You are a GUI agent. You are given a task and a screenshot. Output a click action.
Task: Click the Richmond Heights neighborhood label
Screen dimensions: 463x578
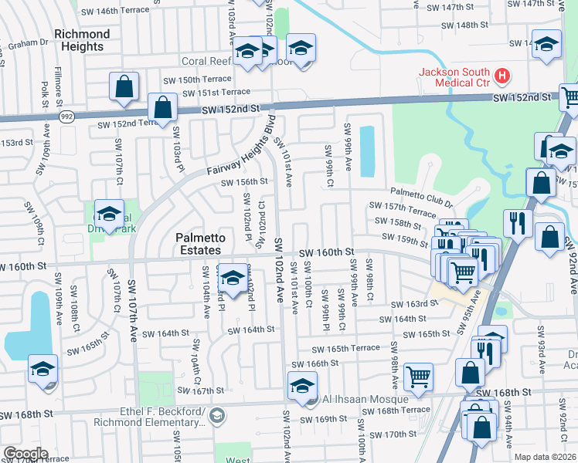tap(82, 40)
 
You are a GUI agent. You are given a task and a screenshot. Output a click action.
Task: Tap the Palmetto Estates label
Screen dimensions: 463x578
tap(187, 244)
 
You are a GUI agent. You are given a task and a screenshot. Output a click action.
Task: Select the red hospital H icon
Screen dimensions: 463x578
tap(502, 76)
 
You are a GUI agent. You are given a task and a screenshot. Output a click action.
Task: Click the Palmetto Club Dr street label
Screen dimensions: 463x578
tap(421, 198)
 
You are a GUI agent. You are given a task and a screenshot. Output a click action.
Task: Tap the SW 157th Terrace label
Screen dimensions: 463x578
tap(403, 208)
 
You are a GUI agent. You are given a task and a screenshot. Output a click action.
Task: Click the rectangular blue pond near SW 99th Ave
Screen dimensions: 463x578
tap(367, 150)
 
